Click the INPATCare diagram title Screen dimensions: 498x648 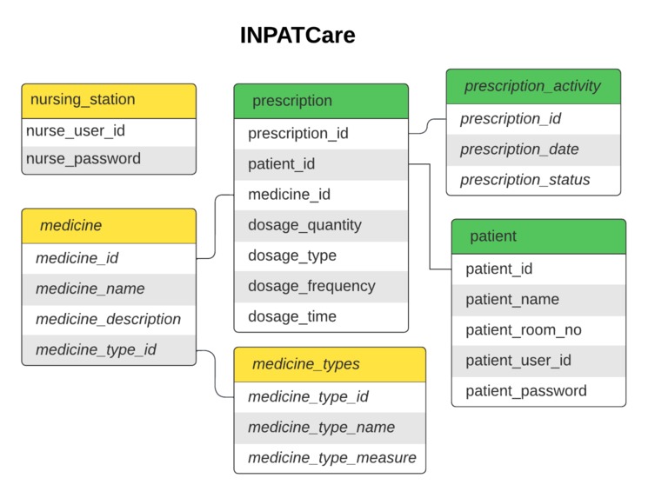(297, 36)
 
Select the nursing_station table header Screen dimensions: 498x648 (109, 100)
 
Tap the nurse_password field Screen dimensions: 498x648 (109, 159)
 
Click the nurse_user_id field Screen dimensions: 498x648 (109, 131)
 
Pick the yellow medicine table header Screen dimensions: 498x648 (109, 226)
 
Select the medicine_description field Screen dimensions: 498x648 (109, 319)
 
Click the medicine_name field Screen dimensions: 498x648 (109, 289)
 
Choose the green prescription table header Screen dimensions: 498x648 (321, 101)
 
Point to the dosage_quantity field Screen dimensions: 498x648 (321, 225)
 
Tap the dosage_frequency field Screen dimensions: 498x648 (321, 286)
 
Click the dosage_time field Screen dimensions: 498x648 (321, 316)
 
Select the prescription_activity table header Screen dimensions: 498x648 (533, 86)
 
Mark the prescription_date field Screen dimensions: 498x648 (533, 149)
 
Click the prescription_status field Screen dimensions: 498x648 (533, 180)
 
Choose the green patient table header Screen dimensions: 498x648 (538, 236)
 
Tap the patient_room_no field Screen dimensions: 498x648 (538, 330)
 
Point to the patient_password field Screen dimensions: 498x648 (538, 391)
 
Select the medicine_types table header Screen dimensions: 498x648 (330, 364)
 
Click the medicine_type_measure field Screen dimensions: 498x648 (330, 458)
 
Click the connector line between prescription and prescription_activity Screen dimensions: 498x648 (427, 127)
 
